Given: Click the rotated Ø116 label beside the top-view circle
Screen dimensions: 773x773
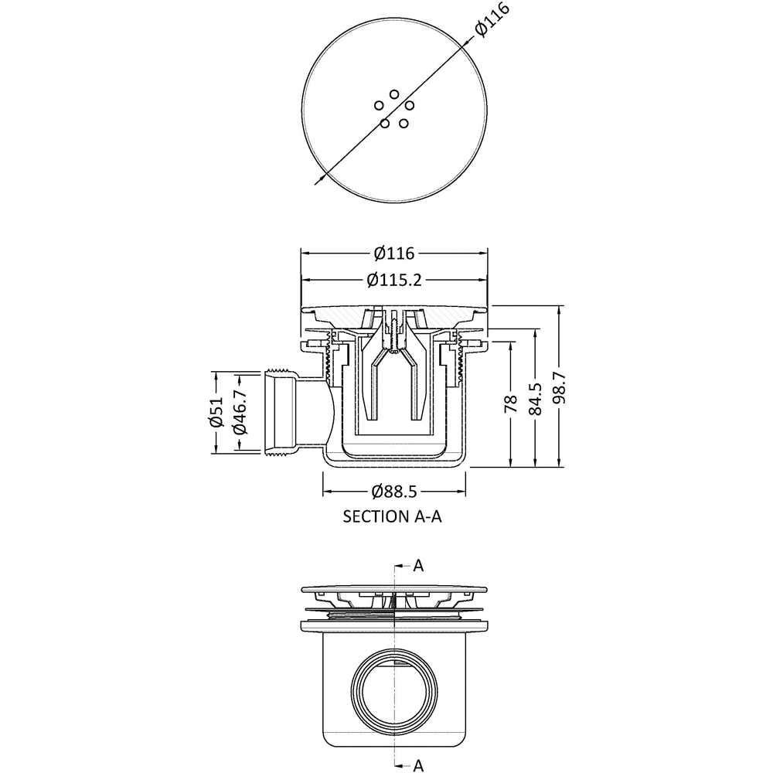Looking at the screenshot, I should click(492, 17).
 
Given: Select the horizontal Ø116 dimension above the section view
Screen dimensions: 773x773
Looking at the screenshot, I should click(394, 254).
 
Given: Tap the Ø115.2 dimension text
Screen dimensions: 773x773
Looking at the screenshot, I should click(394, 280).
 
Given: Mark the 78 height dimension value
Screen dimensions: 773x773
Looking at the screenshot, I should click(511, 406).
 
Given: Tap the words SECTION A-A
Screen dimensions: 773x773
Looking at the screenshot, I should click(392, 517).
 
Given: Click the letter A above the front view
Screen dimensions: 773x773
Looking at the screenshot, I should click(418, 566).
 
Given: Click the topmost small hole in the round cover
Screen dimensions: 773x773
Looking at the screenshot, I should click(394, 94).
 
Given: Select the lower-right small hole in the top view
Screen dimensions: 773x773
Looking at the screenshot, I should click(404, 123).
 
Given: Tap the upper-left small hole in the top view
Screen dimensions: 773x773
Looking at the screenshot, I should click(379, 105).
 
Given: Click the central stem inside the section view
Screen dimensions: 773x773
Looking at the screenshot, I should click(394, 332).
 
